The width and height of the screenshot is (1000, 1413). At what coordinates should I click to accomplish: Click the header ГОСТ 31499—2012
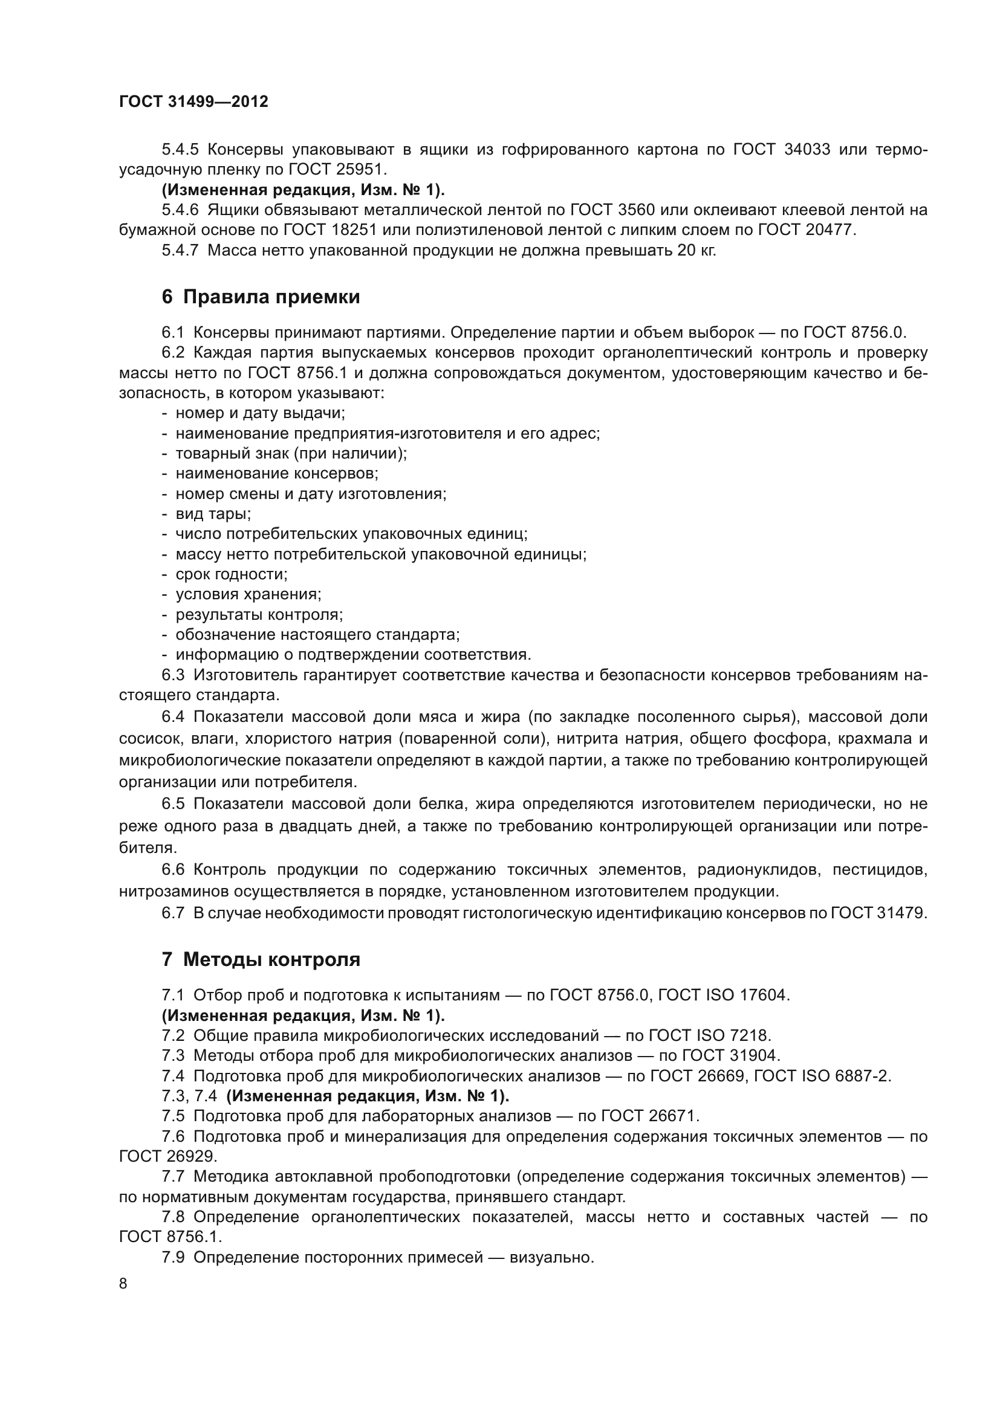tap(193, 101)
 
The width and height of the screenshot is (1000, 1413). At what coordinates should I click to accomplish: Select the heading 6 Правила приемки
tap(261, 297)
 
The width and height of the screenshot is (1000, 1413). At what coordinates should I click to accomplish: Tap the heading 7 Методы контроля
tap(261, 959)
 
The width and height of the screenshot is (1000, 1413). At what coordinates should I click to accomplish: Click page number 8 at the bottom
tap(123, 1284)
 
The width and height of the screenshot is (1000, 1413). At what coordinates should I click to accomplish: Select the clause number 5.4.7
tap(180, 251)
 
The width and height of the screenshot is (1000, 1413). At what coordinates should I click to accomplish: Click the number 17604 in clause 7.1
tap(762, 995)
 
